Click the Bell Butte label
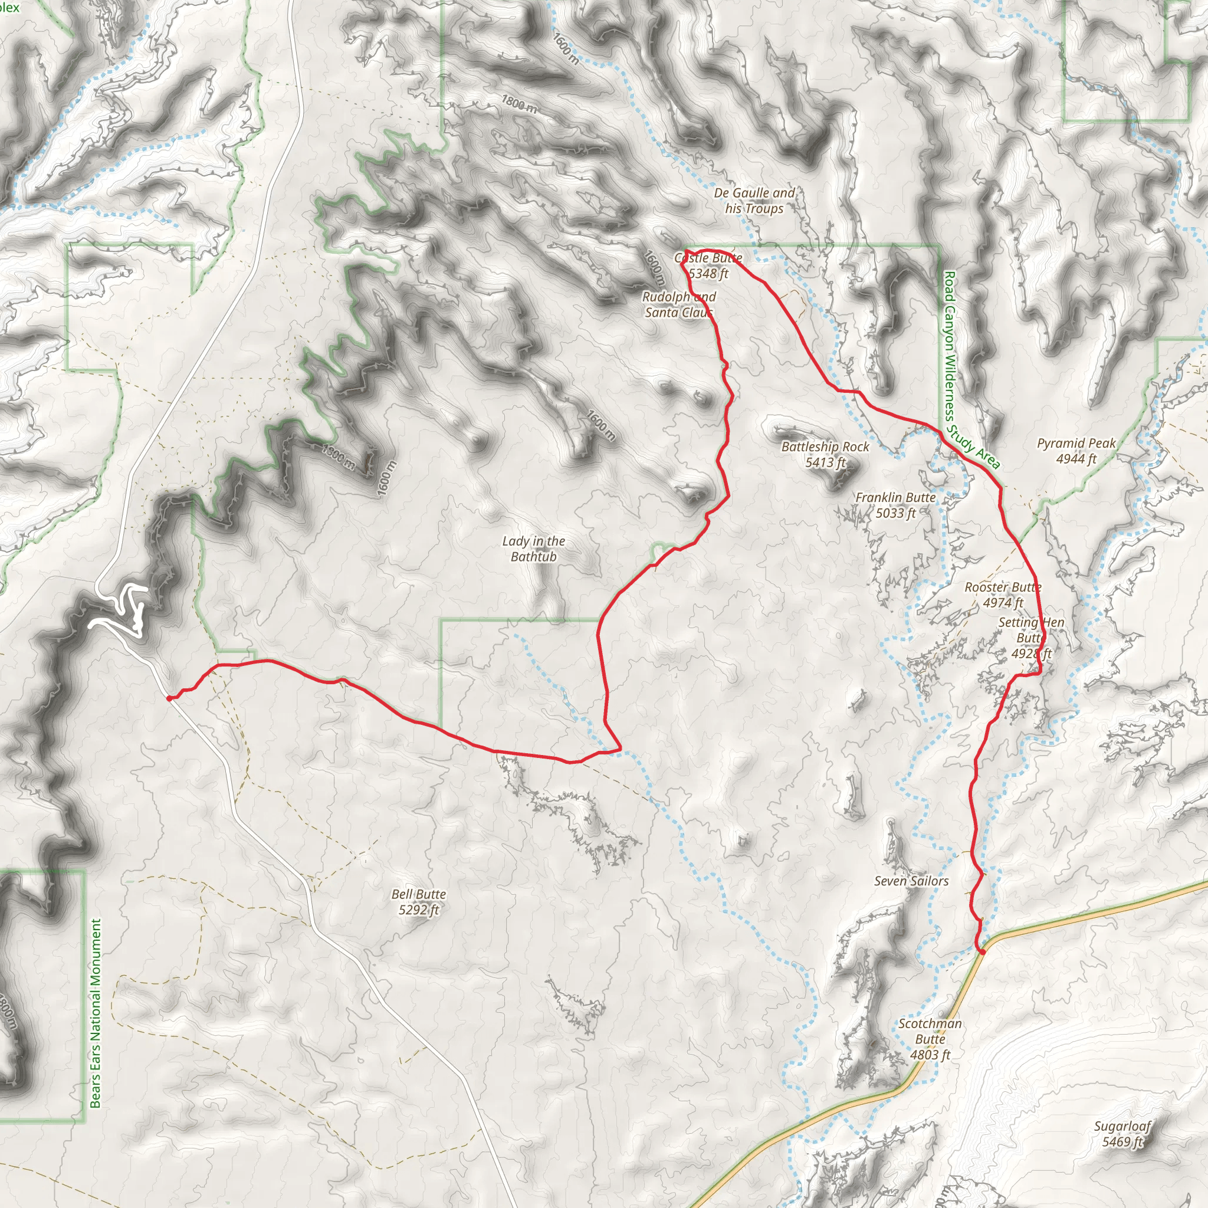pyautogui.click(x=418, y=894)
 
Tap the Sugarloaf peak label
pyautogui.click(x=1122, y=1126)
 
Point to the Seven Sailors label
pyautogui.click(x=911, y=881)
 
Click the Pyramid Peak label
pyautogui.click(x=1076, y=444)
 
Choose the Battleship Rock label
pyautogui.click(x=825, y=447)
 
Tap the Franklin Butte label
pyautogui.click(x=895, y=497)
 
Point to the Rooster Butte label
pyautogui.click(x=1002, y=587)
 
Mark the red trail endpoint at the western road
pyautogui.click(x=169, y=698)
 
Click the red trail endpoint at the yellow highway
pyautogui.click(x=981, y=951)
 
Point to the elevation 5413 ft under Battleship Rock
pyautogui.click(x=825, y=462)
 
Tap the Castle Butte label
pyautogui.click(x=708, y=258)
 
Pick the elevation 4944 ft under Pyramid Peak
pyautogui.click(x=1076, y=459)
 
